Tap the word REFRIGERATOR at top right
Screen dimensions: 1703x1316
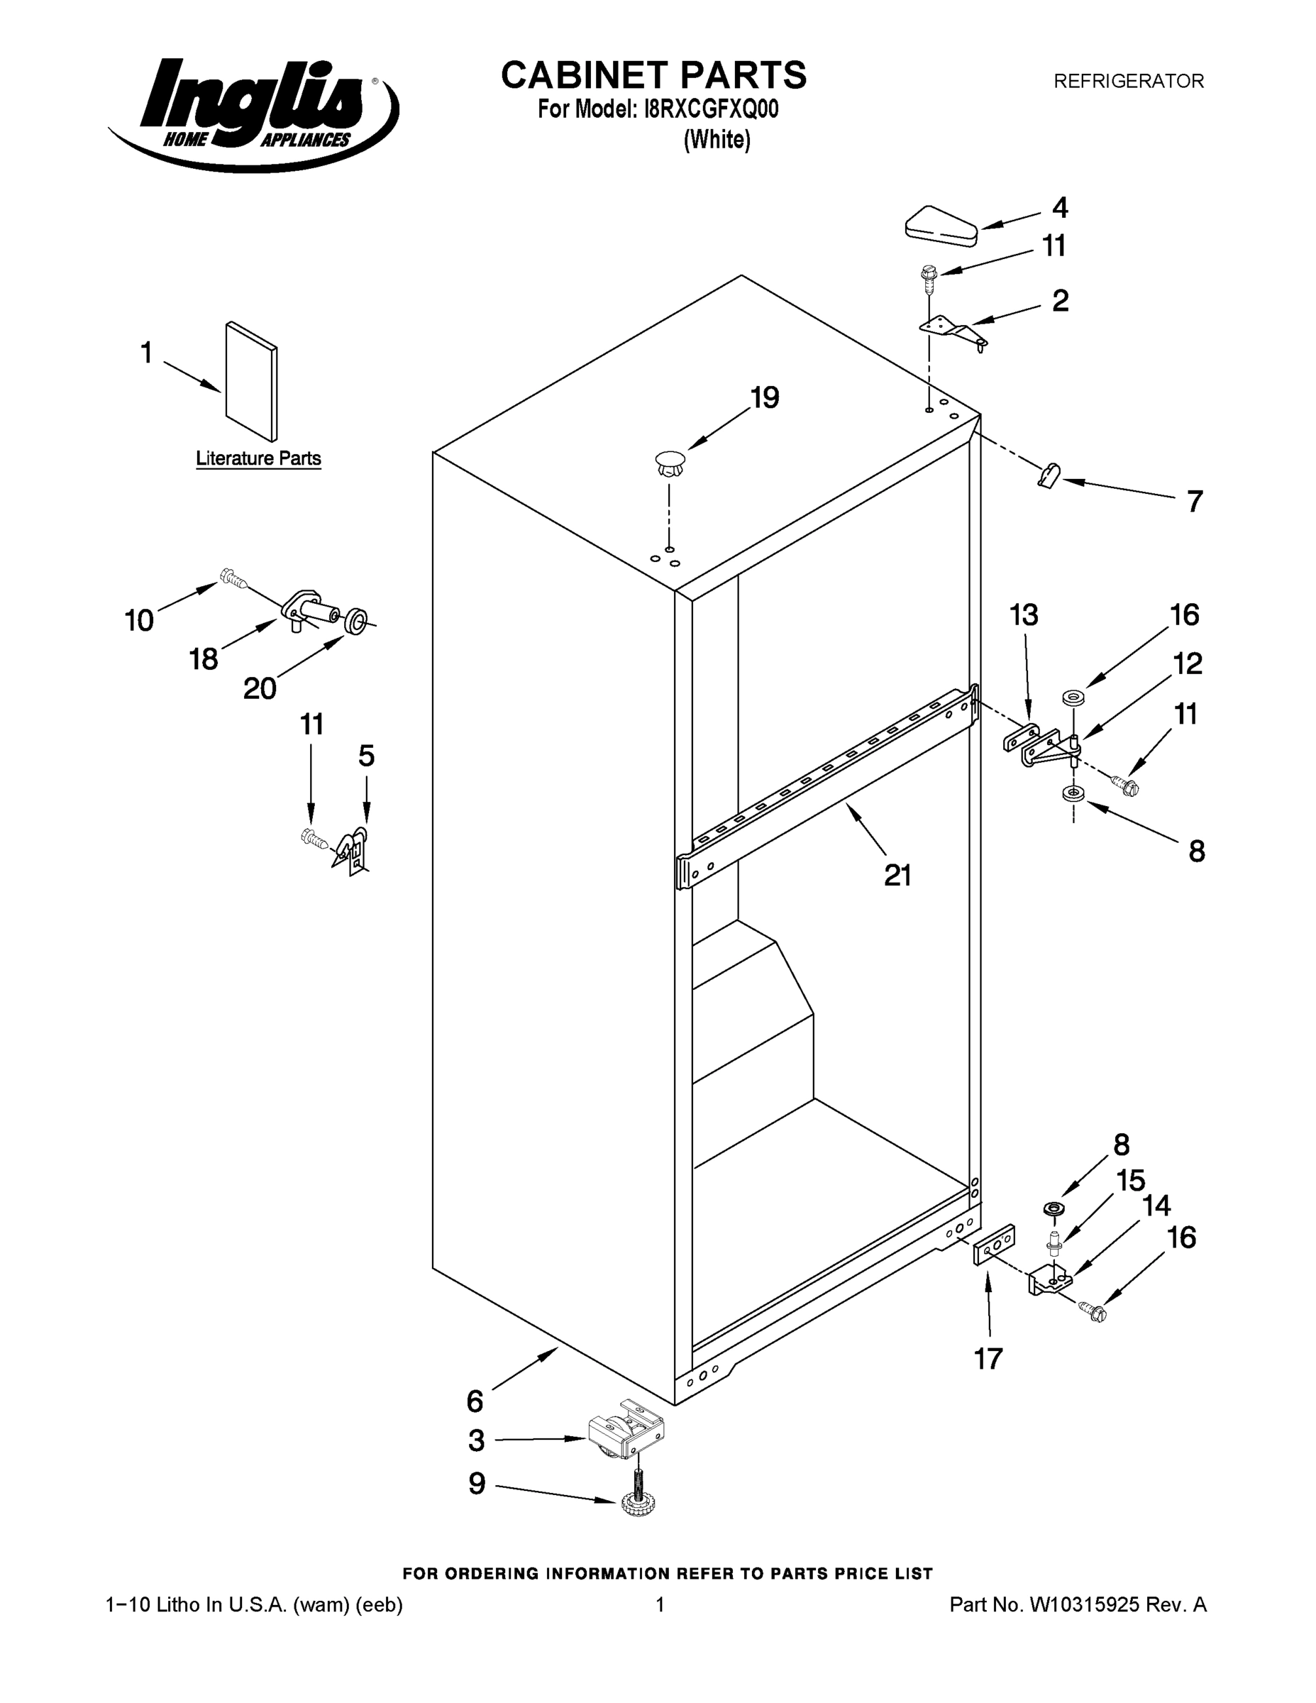tap(1128, 81)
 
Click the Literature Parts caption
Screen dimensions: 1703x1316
tap(258, 458)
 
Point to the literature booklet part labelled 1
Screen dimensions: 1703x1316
tap(251, 381)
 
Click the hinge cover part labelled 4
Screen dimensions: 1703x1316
tap(941, 226)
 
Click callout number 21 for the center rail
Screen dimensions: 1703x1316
tap(897, 876)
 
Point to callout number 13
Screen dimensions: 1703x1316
tap(1024, 615)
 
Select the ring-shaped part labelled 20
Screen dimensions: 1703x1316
tap(356, 622)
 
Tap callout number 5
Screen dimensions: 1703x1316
tap(365, 756)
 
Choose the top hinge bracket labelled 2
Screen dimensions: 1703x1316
tap(953, 330)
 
